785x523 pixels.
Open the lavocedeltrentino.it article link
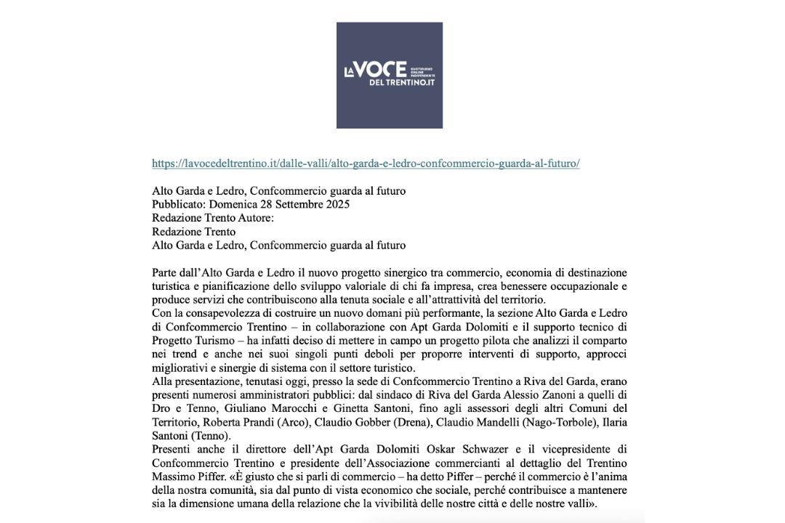[366, 163]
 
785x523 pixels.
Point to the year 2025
[337, 204]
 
